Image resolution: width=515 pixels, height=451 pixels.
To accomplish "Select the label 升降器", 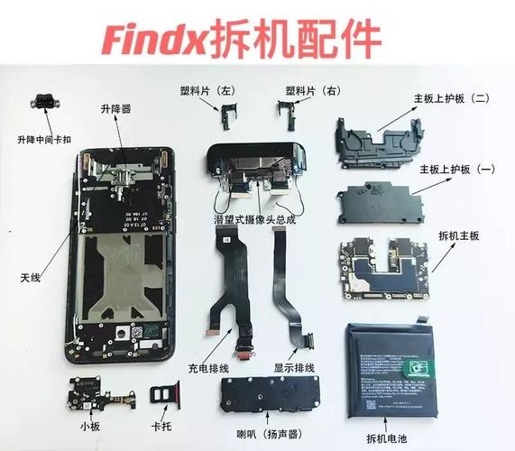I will (115, 108).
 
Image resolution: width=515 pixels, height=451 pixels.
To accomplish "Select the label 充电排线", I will (209, 367).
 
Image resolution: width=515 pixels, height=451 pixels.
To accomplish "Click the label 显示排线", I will (293, 368).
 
